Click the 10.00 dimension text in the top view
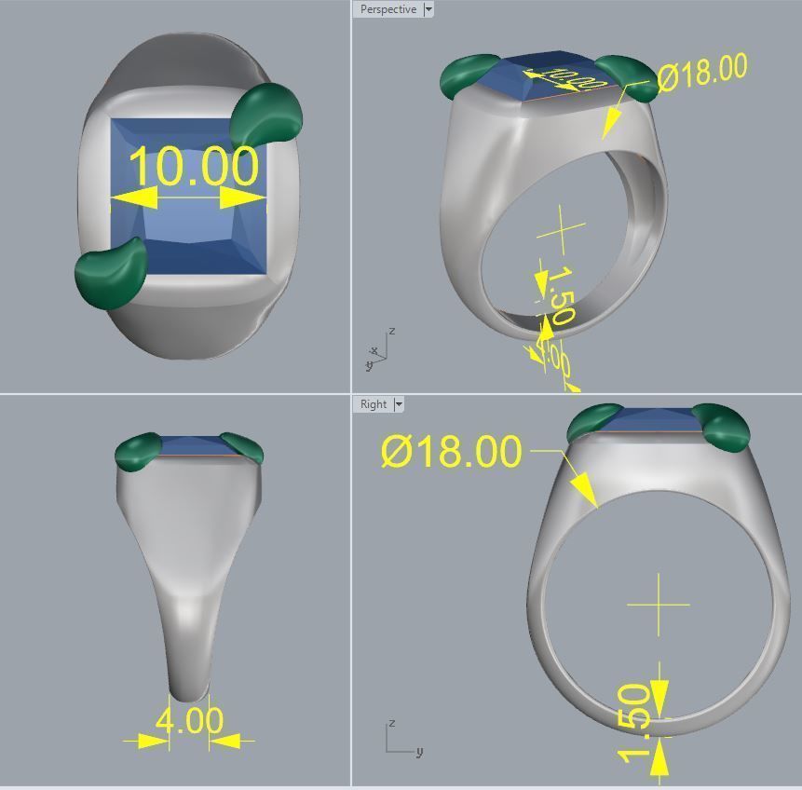point(193,166)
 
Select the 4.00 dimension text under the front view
point(189,720)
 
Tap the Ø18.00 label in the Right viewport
point(452,451)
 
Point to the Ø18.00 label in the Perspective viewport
point(702,73)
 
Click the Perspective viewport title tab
point(387,9)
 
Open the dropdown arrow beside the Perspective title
point(428,9)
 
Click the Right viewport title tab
point(373,404)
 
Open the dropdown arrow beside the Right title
point(399,404)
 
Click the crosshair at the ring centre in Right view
point(659,605)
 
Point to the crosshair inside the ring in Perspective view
point(562,231)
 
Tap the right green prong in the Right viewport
point(726,427)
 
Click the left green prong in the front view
point(138,451)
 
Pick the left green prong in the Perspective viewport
point(469,75)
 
